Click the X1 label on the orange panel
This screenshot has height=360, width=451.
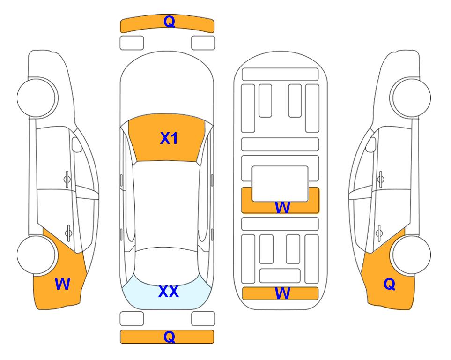coord(169,138)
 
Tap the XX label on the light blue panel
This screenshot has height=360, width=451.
coord(169,292)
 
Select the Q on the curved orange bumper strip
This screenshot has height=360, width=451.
coord(169,22)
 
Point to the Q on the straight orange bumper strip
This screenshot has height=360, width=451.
coord(169,337)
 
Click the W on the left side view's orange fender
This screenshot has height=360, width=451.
coord(62,284)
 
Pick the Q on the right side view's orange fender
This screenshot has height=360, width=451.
coord(390,284)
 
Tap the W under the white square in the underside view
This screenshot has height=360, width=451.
coord(282,207)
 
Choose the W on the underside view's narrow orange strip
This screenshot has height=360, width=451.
coord(282,293)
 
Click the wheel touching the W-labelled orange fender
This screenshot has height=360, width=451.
coord(36,255)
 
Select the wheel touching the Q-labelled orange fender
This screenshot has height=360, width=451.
coord(412,255)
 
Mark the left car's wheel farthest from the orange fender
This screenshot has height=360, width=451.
coord(37,97)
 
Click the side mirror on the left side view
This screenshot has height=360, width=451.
coord(77,144)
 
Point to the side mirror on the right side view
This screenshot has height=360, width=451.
coord(371,144)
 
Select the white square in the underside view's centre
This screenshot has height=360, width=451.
coord(280,184)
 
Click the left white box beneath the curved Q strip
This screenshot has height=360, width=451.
coord(132,43)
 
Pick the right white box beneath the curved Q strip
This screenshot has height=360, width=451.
coord(203,43)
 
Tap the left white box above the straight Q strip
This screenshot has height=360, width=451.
coord(132,319)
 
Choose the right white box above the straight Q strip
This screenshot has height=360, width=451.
coord(203,319)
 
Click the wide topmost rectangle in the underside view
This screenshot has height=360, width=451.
coord(280,75)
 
